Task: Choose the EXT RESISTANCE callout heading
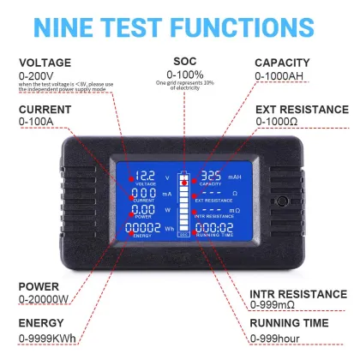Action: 303,109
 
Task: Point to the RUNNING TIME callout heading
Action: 289,323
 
